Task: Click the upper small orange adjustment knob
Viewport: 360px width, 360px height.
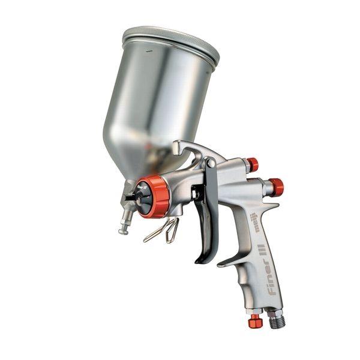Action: [252, 164]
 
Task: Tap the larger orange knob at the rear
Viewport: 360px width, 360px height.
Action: [276, 187]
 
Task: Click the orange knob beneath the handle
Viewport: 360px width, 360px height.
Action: [255, 321]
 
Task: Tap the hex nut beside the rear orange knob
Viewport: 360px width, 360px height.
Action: [265, 187]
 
